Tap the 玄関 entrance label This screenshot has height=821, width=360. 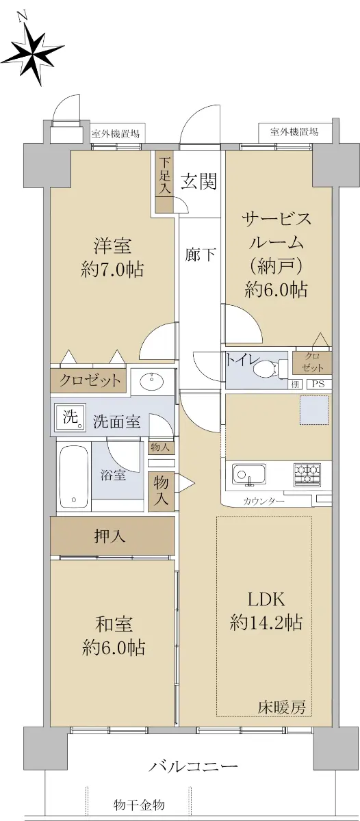point(199,181)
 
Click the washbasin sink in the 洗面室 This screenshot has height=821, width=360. point(151,382)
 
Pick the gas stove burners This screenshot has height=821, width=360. point(307,475)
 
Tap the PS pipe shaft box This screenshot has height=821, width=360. point(318,385)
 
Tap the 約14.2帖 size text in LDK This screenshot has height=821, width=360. point(266,623)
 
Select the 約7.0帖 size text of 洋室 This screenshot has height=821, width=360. point(112,270)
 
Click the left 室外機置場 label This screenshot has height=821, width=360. point(115,134)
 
